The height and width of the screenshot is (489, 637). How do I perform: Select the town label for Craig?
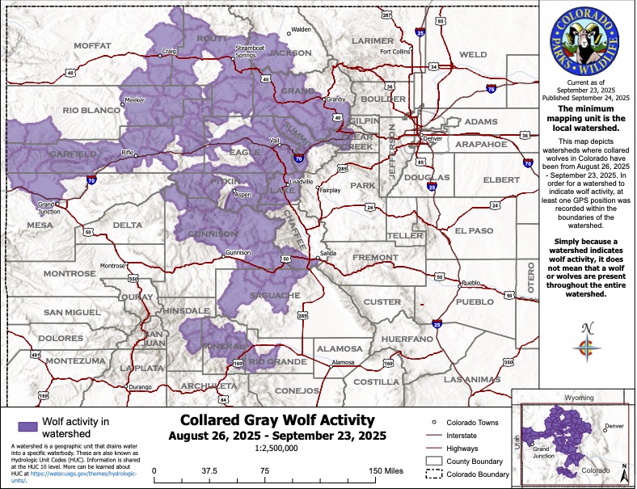pos(169,51)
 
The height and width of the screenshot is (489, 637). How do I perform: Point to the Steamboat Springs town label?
pos(250,53)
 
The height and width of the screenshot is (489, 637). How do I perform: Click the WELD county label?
pos(473,54)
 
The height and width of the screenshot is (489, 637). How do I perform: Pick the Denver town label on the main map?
pos(435,138)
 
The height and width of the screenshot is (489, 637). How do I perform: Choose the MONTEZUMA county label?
pos(75,360)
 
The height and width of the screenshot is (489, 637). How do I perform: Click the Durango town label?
pos(118,388)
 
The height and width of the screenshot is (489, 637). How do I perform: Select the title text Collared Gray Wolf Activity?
pos(277,420)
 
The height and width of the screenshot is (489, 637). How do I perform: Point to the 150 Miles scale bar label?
pos(385,470)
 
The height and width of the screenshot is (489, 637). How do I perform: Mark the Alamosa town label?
pos(346,363)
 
